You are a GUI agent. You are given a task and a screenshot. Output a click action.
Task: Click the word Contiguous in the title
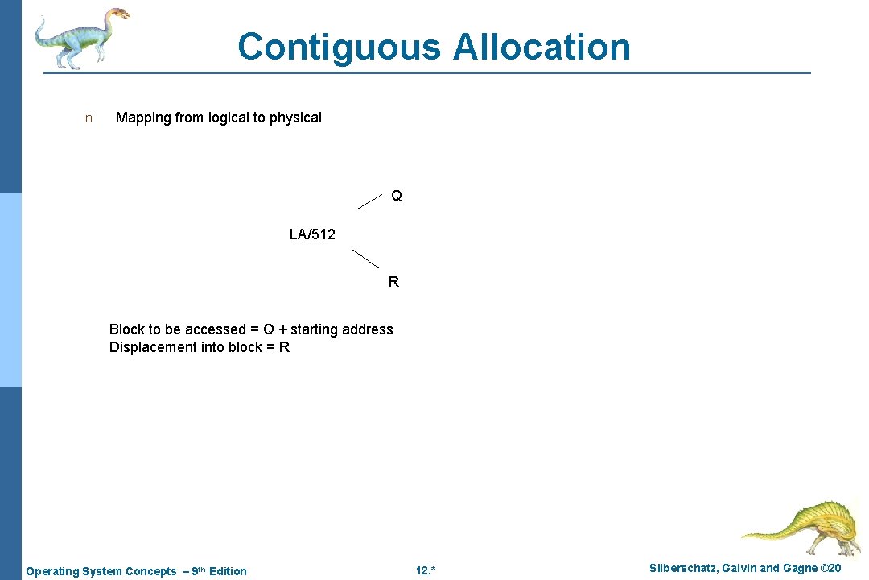(339, 47)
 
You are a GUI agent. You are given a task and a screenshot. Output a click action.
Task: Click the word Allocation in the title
(542, 47)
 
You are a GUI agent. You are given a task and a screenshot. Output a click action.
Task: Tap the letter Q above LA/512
(397, 196)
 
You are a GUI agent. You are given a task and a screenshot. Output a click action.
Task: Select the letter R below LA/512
(393, 282)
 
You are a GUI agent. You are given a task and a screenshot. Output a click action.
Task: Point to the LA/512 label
(312, 234)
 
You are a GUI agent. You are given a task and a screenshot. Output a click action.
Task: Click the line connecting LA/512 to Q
(369, 201)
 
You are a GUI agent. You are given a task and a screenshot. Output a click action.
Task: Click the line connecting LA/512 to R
(366, 259)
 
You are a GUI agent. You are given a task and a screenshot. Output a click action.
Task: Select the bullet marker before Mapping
(89, 118)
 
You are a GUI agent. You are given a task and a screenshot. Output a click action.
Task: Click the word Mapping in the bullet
(143, 118)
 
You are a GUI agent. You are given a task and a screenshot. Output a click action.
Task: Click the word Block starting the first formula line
(126, 329)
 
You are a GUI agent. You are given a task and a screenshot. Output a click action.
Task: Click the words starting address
(342, 329)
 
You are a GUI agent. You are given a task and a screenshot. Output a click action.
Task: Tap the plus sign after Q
(282, 329)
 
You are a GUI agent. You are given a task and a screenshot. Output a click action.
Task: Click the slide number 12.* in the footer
(426, 571)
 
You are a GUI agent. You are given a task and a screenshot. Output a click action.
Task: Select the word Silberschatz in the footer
(684, 569)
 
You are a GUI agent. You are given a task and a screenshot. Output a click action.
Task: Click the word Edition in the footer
(228, 571)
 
